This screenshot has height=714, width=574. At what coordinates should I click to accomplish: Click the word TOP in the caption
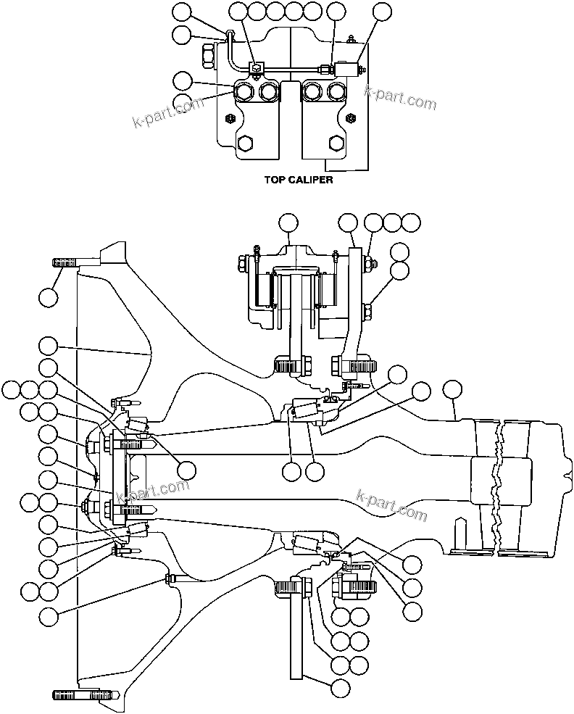[x=275, y=180]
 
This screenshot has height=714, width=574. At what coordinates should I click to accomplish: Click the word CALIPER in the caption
[x=309, y=180]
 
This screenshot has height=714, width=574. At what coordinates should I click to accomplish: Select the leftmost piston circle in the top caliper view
[x=244, y=91]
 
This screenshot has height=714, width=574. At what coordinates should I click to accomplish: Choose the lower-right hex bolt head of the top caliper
[x=336, y=142]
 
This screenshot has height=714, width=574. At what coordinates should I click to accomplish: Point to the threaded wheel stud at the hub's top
[x=67, y=261]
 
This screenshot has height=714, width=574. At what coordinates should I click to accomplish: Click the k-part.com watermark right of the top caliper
[x=401, y=96]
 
